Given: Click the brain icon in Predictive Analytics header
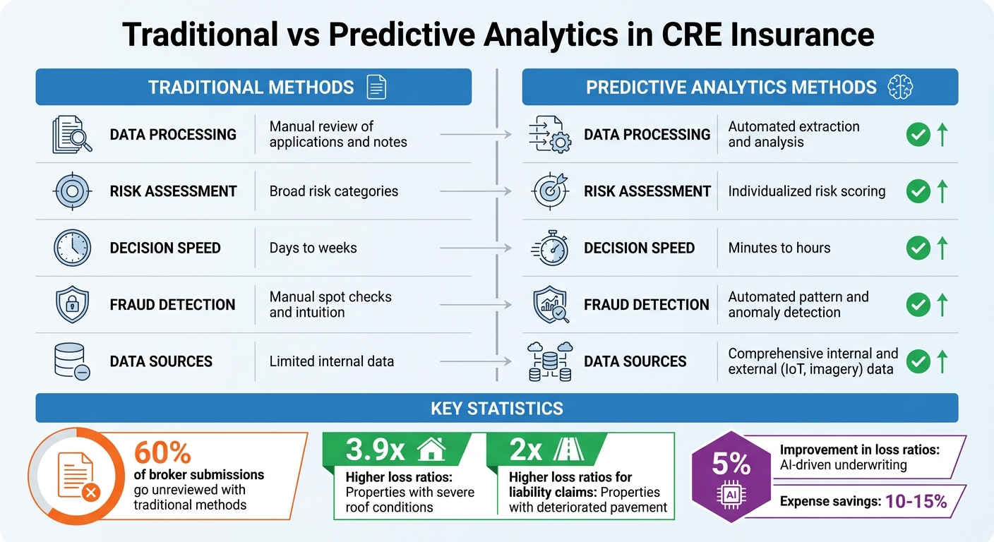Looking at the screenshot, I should coord(901,88).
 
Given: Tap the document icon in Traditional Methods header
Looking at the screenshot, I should coord(377,88).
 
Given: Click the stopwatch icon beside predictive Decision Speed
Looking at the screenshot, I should coord(549,248).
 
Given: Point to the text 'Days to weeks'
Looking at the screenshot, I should coord(313,248).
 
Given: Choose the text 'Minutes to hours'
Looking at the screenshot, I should coord(779,248).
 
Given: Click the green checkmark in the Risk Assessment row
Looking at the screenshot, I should coord(918,191).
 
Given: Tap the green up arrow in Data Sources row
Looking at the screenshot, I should coord(942,361).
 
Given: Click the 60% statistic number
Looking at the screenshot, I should coord(162,452).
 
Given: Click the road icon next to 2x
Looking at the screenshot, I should coord(568,450).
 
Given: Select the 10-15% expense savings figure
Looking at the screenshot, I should coord(916,502).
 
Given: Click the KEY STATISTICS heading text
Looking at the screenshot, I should coord(496,408).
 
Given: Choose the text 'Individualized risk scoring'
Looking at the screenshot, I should coord(806,191).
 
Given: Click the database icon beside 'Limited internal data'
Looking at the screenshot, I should coord(71,361).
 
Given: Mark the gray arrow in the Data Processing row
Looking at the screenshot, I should coord(476,134).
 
